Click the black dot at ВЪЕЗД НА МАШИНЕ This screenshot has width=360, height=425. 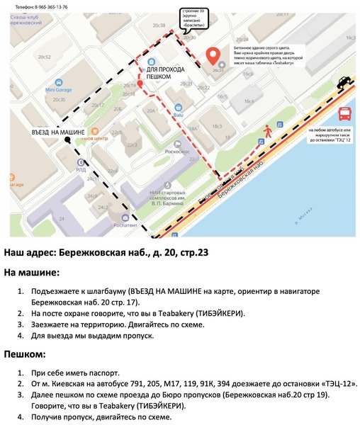point(67,140)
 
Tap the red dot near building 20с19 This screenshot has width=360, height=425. point(140,84)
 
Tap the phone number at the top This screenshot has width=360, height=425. point(42,6)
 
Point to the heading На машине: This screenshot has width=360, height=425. point(32,272)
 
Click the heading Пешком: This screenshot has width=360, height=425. point(26,354)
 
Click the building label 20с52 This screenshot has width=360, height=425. point(45,55)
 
